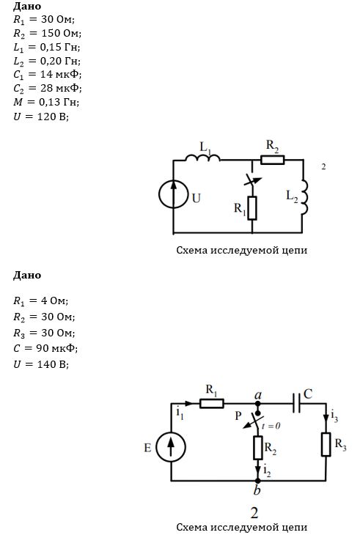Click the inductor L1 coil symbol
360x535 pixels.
pos(202,158)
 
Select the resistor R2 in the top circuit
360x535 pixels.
pos(272,160)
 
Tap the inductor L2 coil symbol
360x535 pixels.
pos(304,197)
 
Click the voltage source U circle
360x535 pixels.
pos(173,194)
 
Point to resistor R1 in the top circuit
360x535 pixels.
pos(252,208)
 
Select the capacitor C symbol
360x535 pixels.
pos(296,403)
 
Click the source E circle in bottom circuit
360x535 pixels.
pos(171,447)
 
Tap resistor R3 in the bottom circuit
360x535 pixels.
pos(326,444)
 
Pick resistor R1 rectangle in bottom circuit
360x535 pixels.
pos(212,404)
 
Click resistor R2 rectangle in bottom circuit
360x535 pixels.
pos(258,447)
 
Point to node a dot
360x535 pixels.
pos(258,404)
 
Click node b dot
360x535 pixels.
pos(257,481)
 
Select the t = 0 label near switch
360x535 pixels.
pos(271,426)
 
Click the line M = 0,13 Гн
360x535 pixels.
pos(46,102)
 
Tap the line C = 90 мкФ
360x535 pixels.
pos(45,348)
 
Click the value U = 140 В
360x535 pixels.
pos(41,364)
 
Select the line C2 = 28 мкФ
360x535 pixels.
pos(48,89)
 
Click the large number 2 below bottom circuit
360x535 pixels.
pos(254,513)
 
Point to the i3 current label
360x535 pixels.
pos(334,417)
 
